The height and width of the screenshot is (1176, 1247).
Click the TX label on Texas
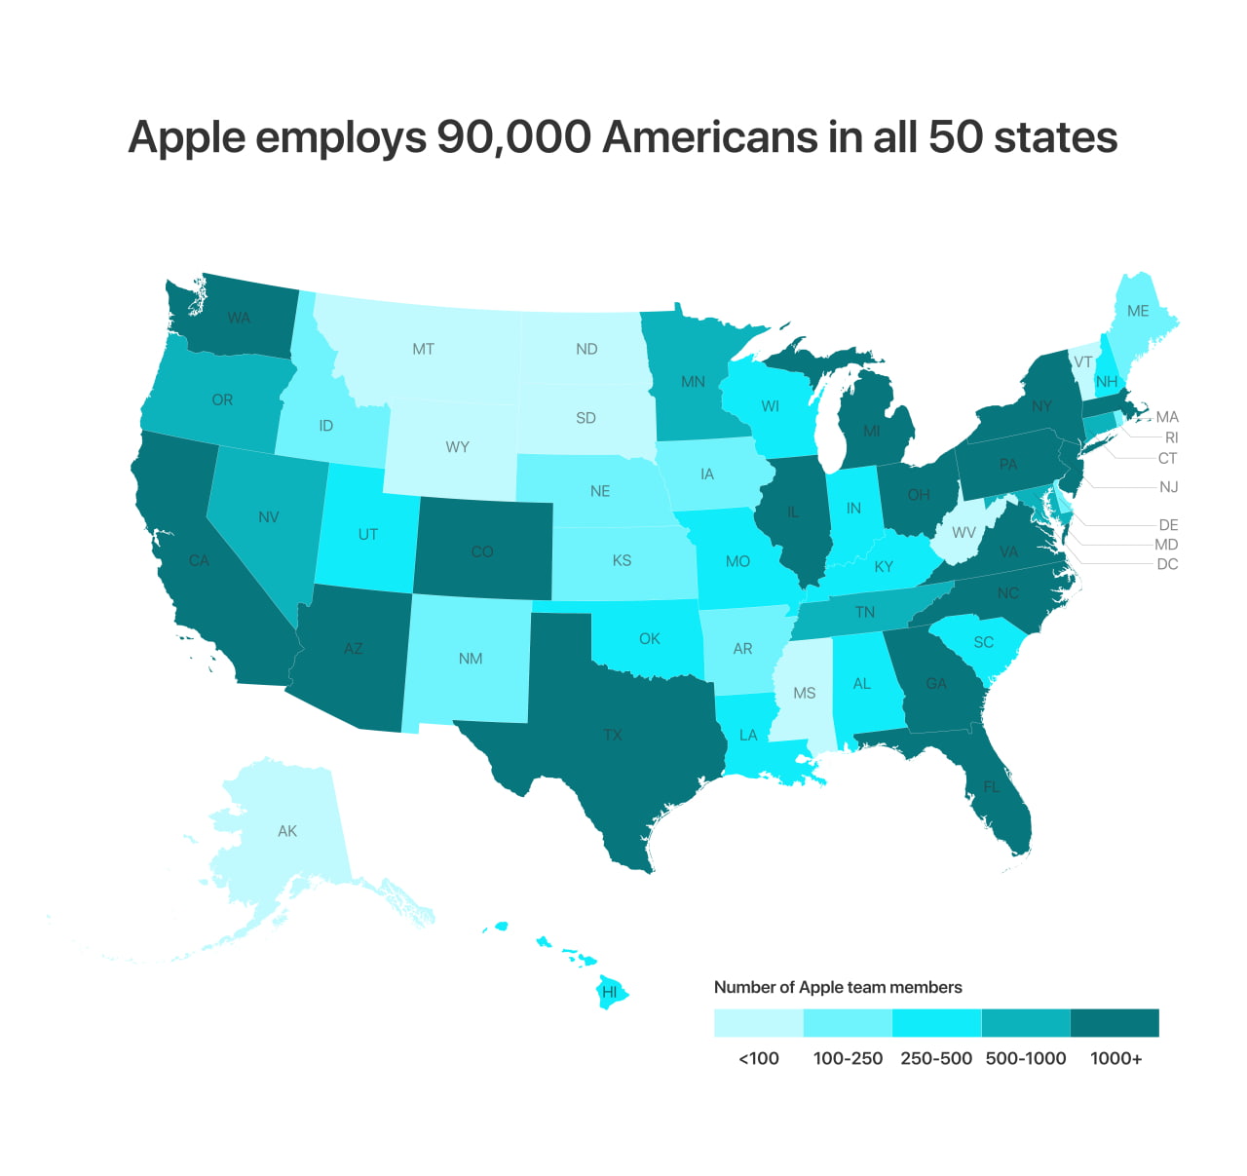tap(612, 735)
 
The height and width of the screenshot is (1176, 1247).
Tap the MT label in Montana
tap(423, 349)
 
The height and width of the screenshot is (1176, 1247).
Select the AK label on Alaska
tap(287, 831)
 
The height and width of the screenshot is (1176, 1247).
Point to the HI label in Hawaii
tap(610, 992)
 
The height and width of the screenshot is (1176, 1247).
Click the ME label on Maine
tap(1138, 311)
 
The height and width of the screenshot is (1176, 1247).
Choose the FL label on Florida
tap(992, 786)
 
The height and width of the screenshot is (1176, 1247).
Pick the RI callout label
tap(1171, 437)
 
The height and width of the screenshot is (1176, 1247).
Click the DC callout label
tap(1167, 564)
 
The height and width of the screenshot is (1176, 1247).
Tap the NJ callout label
tap(1168, 486)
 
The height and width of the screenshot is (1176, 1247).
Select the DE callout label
tap(1168, 525)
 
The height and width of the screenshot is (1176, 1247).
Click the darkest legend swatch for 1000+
tap(1115, 1023)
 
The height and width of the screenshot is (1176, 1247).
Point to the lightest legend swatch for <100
tap(758, 1023)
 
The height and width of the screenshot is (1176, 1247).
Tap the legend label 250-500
tap(936, 1058)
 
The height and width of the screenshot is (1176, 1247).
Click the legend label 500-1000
tap(1026, 1058)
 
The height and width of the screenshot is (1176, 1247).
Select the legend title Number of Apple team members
tap(838, 987)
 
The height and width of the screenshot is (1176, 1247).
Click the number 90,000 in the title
tap(513, 136)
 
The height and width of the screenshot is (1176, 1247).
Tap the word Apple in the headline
tap(186, 138)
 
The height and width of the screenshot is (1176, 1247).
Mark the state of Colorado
tap(482, 550)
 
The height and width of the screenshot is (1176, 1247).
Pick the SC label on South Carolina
tap(984, 642)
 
